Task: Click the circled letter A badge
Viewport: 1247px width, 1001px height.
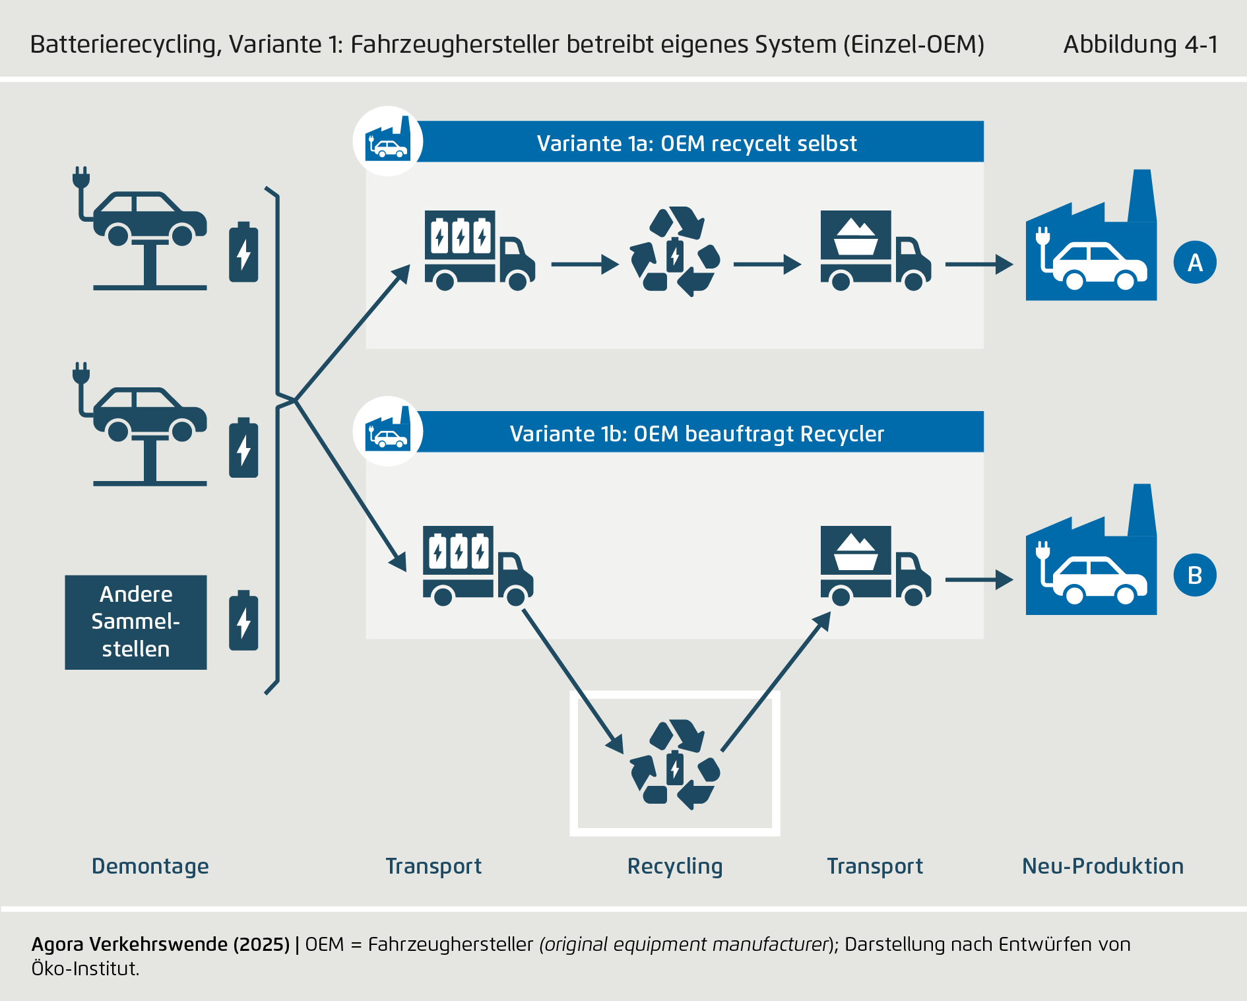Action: point(1195,263)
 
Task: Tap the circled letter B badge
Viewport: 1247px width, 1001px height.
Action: point(1195,575)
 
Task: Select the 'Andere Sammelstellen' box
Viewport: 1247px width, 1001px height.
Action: point(136,622)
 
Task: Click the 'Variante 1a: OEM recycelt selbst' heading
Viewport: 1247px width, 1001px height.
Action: point(697,143)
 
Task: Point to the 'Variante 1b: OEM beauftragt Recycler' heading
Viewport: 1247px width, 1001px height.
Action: point(697,434)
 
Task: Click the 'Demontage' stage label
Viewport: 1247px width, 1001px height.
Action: point(150,866)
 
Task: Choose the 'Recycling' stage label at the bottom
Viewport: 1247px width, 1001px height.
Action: point(675,866)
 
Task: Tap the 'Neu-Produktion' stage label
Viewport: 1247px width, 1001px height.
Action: point(1103,866)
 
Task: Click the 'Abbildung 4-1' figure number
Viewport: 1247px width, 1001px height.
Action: point(1140,44)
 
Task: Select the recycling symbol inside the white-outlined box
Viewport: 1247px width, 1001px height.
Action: point(675,764)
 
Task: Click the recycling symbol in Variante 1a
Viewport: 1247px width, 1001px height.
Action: point(675,251)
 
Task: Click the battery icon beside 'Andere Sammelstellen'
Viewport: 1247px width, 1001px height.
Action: point(243,621)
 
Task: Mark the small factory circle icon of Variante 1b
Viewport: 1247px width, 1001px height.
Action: point(388,432)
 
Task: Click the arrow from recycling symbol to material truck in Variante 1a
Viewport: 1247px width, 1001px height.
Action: point(767,265)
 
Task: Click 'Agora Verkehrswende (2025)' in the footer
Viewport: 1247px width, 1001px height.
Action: point(160,944)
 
